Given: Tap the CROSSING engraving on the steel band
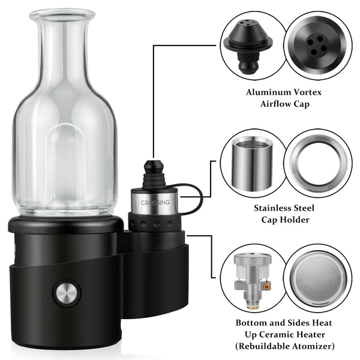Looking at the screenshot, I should click(x=155, y=203).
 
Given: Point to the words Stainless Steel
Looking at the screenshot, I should click(x=283, y=208).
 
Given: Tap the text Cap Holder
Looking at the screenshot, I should click(x=283, y=220).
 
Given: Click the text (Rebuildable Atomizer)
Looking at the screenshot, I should click(x=283, y=346).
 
